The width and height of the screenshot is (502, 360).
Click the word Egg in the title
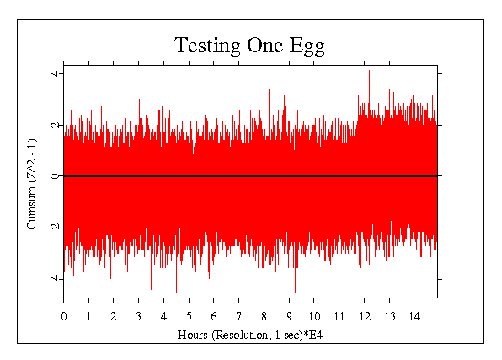(307, 46)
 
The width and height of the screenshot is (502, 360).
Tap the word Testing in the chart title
(207, 46)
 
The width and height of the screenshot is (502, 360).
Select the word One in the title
(265, 46)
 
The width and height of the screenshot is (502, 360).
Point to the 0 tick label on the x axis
(64, 316)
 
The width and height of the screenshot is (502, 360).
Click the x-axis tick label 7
(239, 316)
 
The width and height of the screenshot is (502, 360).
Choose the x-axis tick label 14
(414, 316)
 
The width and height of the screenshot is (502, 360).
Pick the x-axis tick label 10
(314, 316)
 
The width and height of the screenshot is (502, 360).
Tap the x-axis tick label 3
(139, 316)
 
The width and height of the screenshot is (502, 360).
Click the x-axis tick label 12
(365, 316)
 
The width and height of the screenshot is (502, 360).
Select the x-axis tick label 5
(189, 316)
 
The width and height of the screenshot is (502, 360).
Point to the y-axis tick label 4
(56, 73)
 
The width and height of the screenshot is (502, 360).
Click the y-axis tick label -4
(56, 278)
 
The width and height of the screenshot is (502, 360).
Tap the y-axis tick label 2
(56, 125)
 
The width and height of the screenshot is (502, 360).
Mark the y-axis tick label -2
(56, 227)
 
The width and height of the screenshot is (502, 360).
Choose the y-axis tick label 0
(56, 176)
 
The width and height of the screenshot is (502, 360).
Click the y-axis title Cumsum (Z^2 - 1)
(32, 184)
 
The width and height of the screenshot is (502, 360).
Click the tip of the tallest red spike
(369, 70)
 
